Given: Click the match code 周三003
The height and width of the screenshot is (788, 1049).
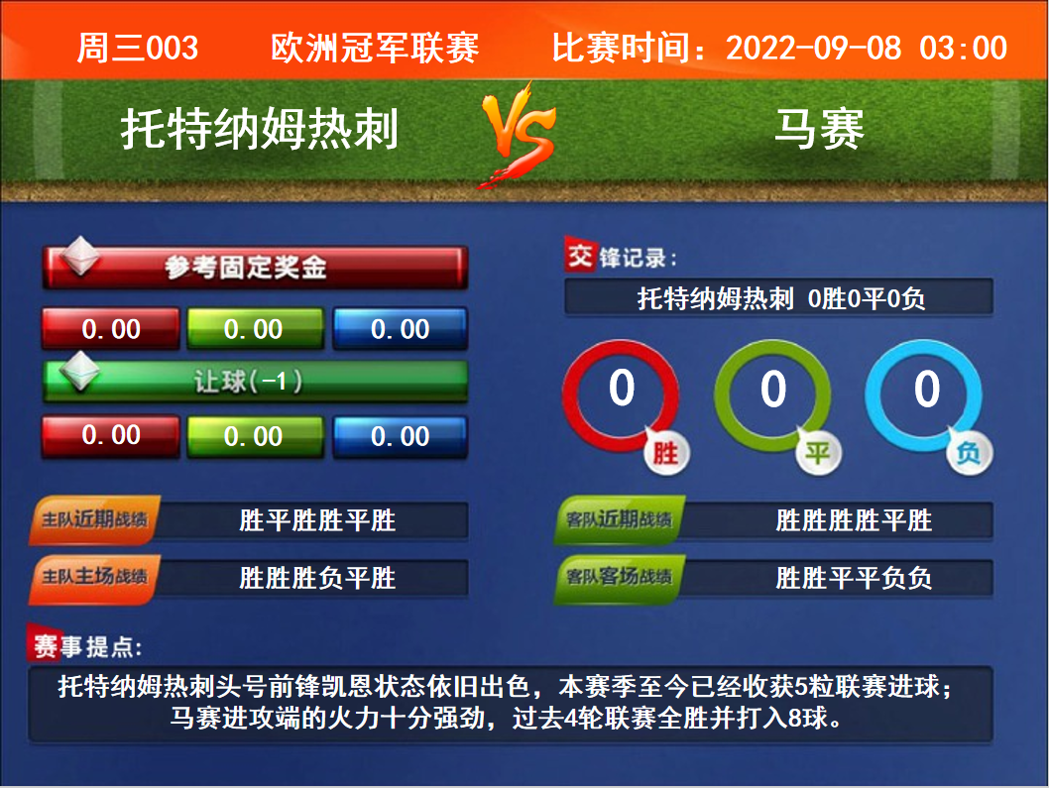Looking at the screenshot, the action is (138, 49).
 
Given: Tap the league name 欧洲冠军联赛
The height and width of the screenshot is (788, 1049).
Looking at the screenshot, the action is (375, 49).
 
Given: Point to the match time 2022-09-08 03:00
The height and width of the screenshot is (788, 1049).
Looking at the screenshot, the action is (867, 49).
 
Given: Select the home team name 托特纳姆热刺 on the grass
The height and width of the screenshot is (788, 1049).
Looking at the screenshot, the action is (260, 129).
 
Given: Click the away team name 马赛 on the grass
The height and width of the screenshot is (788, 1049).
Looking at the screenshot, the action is (820, 129).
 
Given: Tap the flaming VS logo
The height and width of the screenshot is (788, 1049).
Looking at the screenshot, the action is (520, 135).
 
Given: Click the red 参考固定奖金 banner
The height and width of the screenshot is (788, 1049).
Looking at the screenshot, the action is (255, 267).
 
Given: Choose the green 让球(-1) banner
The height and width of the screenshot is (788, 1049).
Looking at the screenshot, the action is (255, 382).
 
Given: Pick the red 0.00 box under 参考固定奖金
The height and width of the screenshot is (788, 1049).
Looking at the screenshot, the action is (111, 328).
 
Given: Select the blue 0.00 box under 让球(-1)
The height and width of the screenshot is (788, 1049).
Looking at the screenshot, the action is (400, 436).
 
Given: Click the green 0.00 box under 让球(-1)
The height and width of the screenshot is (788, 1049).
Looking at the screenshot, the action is (255, 436).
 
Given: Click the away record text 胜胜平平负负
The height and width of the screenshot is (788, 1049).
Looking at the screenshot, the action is (854, 577).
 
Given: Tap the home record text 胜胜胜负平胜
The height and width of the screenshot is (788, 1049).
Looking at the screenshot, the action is (317, 577).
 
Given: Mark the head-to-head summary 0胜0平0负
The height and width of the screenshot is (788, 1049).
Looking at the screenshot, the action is (867, 298).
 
